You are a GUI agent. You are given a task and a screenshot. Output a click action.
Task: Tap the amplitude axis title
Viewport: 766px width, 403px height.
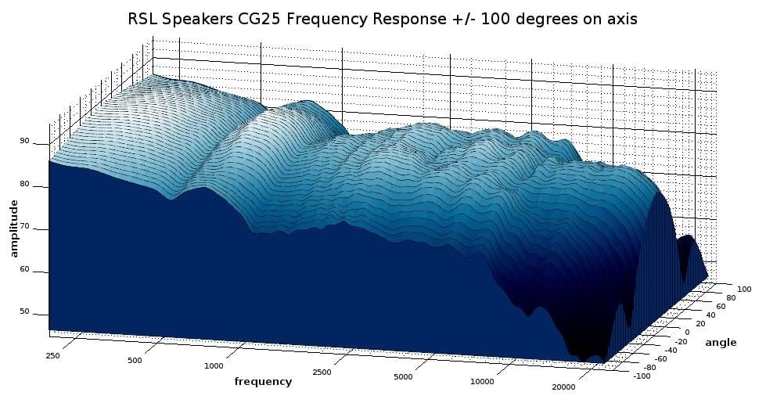(14, 228)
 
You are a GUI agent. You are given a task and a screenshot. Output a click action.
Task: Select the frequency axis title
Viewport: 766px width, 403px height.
(263, 381)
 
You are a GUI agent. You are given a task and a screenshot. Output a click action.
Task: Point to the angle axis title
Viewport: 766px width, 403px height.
(721, 342)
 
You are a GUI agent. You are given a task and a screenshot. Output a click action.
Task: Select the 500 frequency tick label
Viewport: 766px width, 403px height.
(134, 361)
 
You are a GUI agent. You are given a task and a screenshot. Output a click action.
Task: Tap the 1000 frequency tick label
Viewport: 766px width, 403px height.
(214, 366)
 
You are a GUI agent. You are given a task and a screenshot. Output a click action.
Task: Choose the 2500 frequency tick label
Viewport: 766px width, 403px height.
(322, 372)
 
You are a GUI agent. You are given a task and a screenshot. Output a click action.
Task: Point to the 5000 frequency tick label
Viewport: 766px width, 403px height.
(402, 377)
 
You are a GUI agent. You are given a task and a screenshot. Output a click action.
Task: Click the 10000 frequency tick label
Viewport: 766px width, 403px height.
(482, 381)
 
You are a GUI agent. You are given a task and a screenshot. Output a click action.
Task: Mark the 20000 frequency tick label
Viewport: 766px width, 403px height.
(563, 386)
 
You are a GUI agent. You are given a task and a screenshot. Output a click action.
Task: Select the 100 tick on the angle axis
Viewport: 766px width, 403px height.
(744, 289)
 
